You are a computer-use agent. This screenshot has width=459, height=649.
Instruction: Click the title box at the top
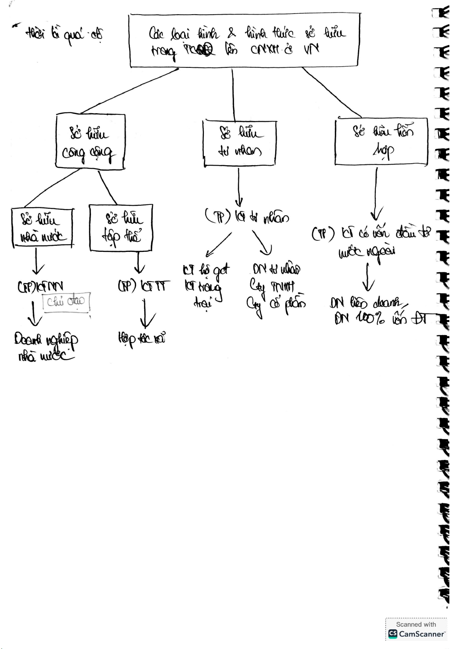[245, 40]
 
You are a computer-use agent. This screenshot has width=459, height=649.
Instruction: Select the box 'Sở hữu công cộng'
[90, 142]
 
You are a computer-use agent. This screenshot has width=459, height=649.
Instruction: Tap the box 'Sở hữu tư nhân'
[239, 143]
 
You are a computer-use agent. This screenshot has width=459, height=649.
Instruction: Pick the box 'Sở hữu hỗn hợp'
[381, 141]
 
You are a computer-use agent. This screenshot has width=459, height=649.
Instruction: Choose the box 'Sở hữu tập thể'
[121, 228]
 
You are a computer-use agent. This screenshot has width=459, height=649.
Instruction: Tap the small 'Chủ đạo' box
[66, 301]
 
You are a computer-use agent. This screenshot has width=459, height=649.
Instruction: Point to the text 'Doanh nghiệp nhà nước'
[45, 347]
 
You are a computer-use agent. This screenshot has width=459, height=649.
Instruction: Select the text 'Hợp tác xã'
[141, 339]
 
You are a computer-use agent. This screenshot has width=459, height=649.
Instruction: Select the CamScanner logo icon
[393, 634]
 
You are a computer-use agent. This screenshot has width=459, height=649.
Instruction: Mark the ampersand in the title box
[231, 33]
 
